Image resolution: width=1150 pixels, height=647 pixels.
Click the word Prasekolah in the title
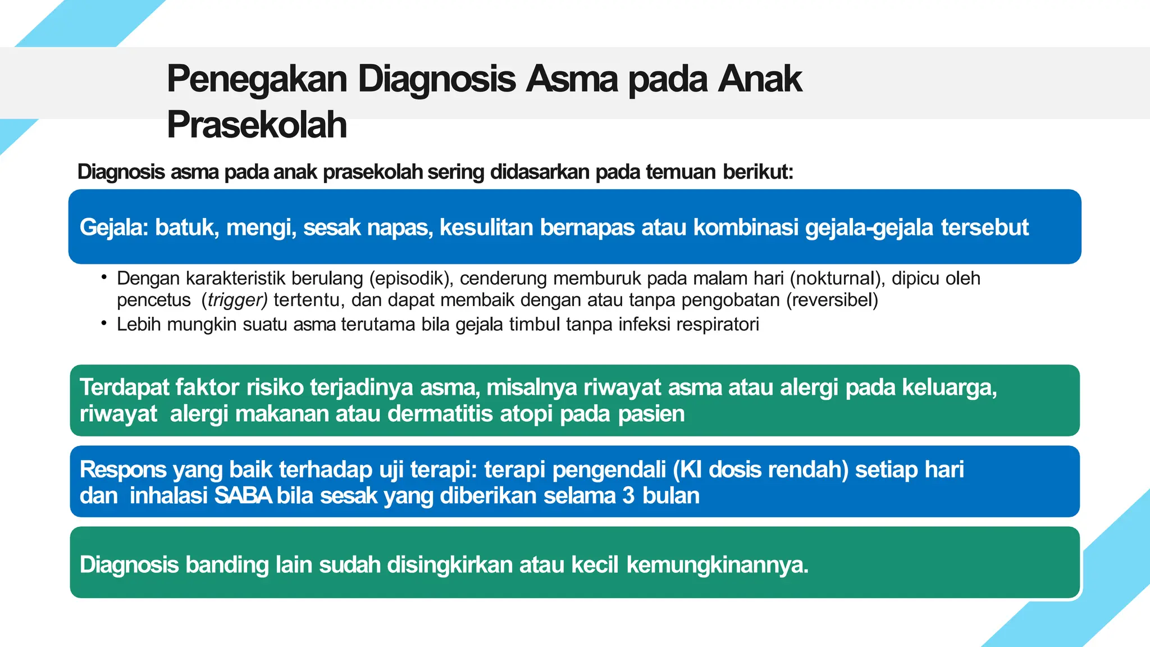point(257,125)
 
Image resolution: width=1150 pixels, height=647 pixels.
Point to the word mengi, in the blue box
point(261,227)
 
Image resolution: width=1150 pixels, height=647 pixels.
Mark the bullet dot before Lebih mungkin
point(104,323)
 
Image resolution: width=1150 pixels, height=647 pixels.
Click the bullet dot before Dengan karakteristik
point(104,276)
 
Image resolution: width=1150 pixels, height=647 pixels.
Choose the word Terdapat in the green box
point(124,388)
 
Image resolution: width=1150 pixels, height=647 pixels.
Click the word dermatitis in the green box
point(441,413)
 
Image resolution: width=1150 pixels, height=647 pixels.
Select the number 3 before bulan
point(628,495)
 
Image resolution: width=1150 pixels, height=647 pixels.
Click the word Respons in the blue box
point(123,470)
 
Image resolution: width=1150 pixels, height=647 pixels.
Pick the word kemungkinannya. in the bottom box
point(717,564)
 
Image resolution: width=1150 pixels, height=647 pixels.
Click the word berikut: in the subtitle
point(757,172)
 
